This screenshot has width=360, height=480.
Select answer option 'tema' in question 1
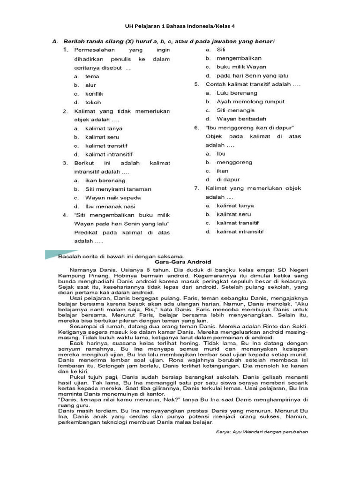[x=92, y=76]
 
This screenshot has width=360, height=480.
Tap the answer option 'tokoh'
[x=93, y=102]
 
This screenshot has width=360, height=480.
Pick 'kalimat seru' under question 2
[x=102, y=137]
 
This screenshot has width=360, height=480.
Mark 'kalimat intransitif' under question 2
[x=108, y=154]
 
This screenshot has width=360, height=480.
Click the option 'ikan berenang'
[x=105, y=180]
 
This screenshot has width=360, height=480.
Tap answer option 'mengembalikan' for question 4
[x=239, y=59]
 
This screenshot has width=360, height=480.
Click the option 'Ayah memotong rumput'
[x=250, y=102]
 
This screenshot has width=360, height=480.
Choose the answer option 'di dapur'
[x=228, y=180]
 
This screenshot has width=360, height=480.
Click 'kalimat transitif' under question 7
[x=238, y=223]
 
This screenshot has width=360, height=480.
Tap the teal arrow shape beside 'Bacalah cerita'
[x=54, y=255]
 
